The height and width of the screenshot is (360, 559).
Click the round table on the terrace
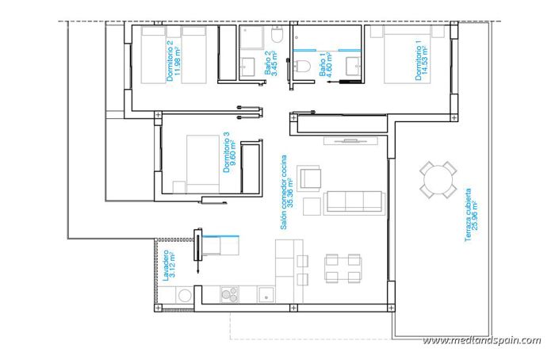(x=438, y=180)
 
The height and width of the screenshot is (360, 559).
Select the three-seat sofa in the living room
(x=355, y=201)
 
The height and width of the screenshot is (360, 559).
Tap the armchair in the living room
(x=309, y=178)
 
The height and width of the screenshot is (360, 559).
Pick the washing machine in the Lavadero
(x=185, y=295)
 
